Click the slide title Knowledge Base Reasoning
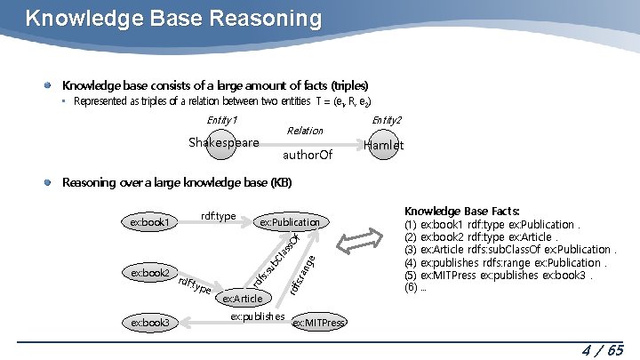(173, 18)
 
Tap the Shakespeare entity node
(223, 143)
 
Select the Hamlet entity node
(384, 145)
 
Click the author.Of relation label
(307, 156)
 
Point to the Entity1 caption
(221, 120)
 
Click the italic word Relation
(305, 131)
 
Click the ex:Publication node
(290, 221)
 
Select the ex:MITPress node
(318, 323)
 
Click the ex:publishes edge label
(257, 316)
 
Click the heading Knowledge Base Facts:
(461, 212)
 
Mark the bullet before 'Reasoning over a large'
(51, 182)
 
